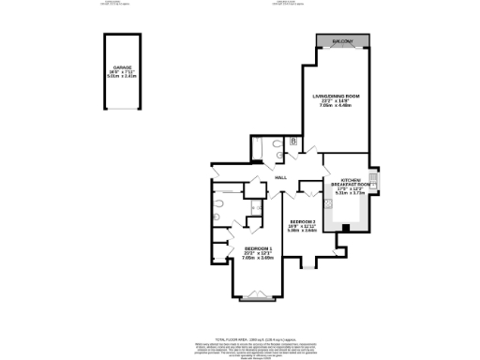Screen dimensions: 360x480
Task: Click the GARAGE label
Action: click(122, 67)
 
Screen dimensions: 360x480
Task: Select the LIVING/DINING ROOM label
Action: click(337, 97)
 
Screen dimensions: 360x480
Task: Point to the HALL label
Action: click(279, 178)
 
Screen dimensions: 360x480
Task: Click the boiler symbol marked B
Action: click(293, 141)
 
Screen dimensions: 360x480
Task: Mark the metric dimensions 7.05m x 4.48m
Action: click(336, 106)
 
